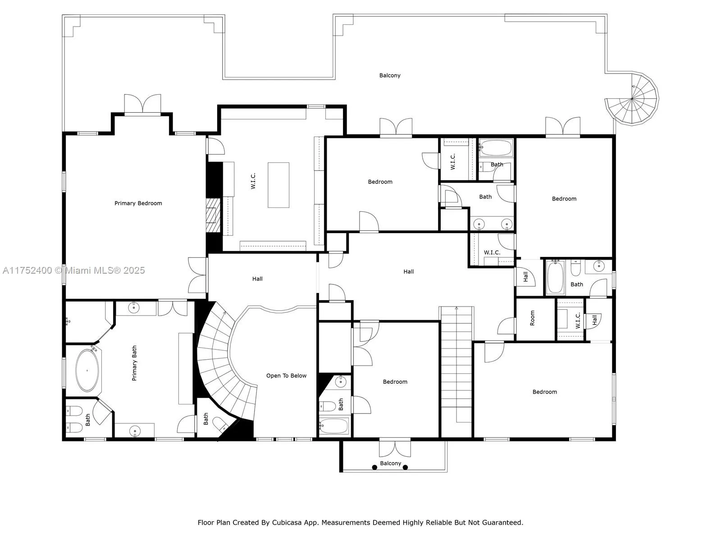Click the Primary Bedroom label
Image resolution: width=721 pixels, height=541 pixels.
point(138,203)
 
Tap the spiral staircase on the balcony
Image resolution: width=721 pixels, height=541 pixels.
point(632,98)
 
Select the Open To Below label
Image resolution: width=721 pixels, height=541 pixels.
point(286,376)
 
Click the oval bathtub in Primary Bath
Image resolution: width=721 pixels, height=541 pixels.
point(87,370)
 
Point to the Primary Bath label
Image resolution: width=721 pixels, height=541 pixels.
point(134,363)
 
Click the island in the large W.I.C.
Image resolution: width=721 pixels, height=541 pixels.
point(278,185)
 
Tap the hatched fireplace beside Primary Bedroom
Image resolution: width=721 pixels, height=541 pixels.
point(213,215)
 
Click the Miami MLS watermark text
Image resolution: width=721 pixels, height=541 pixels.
point(73,270)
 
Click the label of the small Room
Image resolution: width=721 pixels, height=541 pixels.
point(532,318)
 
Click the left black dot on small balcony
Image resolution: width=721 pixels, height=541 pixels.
point(374,468)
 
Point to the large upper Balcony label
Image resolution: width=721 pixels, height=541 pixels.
point(390,75)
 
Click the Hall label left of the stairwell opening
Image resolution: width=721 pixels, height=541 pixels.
point(257,279)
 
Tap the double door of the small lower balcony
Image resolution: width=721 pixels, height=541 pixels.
point(395,448)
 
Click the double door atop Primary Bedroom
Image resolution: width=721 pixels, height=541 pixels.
point(142,105)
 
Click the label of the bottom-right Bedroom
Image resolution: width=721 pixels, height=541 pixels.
point(545,392)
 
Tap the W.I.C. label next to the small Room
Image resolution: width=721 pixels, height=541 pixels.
point(578,320)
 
